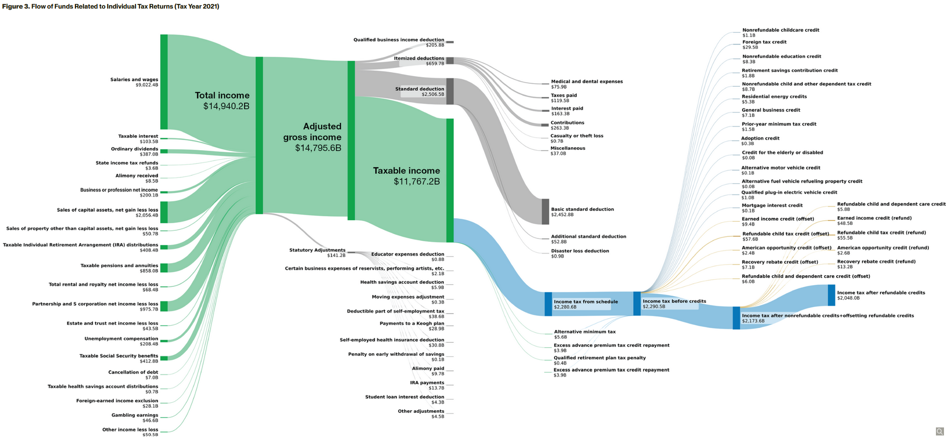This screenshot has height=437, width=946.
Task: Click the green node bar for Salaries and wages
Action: [x=164, y=82]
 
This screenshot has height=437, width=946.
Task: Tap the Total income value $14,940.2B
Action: [x=226, y=106]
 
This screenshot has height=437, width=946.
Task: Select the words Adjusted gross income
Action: [x=312, y=132]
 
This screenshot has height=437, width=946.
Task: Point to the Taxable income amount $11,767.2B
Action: [x=417, y=181]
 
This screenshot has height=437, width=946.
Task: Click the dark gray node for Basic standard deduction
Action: [x=545, y=212]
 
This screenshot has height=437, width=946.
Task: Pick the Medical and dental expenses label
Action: [x=587, y=82]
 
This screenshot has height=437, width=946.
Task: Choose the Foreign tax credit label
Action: [x=764, y=42]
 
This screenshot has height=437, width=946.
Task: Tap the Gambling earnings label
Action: [x=134, y=415]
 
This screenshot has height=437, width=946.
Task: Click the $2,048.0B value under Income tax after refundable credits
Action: [x=848, y=298]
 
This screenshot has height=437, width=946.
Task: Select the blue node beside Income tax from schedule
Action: [x=548, y=304]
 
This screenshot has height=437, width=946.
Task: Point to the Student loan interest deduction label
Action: [x=404, y=397]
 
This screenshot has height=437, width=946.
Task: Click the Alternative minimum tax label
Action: [x=584, y=332]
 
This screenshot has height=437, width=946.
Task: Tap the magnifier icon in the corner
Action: [x=939, y=431]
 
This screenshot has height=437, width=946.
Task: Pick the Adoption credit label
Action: [x=760, y=139]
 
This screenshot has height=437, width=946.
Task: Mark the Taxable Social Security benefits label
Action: [x=118, y=356]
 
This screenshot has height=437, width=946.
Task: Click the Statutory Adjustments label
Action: [x=317, y=250]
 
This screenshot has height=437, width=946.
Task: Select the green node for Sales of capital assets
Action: [x=164, y=212]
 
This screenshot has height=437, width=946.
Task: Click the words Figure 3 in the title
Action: [x=16, y=7]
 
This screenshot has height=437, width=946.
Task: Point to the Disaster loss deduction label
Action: [x=580, y=251]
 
